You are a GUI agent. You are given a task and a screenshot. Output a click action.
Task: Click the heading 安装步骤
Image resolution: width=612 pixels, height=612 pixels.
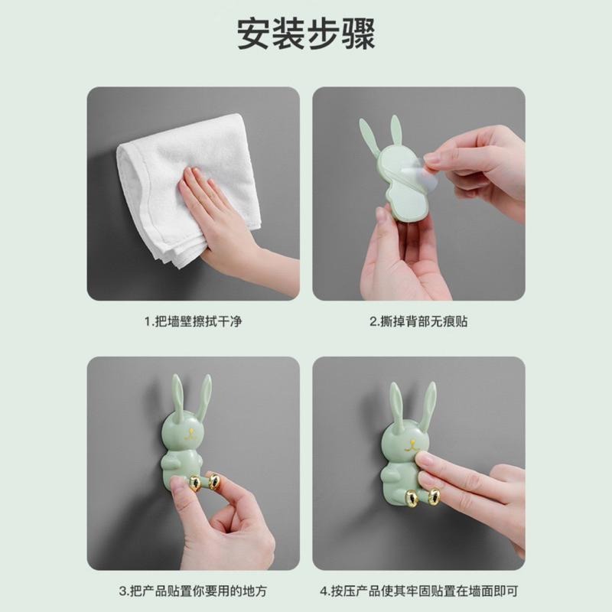[306, 35]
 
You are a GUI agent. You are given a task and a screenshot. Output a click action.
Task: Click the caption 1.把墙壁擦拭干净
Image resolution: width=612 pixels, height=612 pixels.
[193, 321]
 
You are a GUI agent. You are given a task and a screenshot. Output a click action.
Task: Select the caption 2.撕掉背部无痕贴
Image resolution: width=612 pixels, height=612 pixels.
[418, 321]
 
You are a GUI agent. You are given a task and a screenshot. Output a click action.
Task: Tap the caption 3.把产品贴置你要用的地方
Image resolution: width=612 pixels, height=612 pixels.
[193, 591]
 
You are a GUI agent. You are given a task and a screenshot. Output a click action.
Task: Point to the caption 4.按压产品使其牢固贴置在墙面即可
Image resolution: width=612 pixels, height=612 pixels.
[418, 591]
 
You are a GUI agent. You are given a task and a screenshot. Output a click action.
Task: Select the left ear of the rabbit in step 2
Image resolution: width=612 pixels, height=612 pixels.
[369, 138]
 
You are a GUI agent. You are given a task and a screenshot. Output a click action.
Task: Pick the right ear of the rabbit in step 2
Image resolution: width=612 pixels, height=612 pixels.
[396, 130]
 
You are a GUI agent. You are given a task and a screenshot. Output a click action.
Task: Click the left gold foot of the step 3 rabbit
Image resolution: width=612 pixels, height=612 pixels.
[196, 483]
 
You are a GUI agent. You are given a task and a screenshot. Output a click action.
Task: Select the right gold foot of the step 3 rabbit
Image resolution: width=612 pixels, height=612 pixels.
[214, 481]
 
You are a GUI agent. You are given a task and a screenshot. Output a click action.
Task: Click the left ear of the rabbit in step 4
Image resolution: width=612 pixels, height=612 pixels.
[397, 405]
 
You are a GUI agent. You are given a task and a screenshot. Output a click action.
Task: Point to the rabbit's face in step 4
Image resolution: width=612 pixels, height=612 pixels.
[409, 444]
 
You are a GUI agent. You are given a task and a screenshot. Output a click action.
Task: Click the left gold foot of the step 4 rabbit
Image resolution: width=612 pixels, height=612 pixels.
[412, 499]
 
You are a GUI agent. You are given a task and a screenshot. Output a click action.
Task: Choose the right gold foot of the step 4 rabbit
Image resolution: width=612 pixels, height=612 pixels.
[434, 497]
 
